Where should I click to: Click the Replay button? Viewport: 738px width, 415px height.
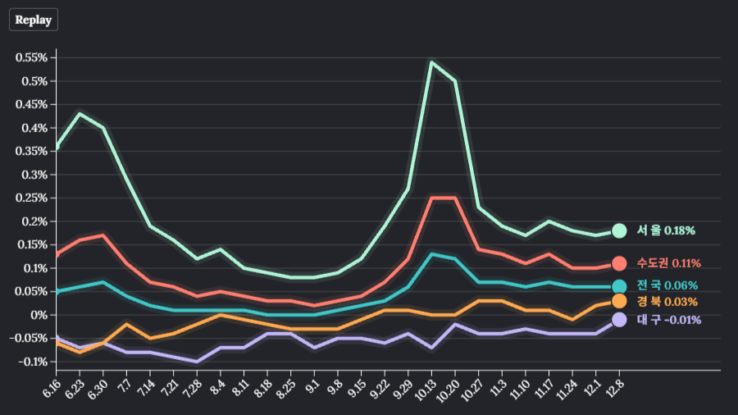[x=34, y=20]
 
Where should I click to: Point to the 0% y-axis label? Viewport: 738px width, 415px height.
[x=39, y=315]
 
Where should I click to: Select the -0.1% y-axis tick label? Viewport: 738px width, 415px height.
[x=32, y=362]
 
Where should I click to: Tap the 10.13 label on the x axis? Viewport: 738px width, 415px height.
[x=423, y=387]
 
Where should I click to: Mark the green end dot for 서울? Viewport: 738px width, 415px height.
[x=619, y=231]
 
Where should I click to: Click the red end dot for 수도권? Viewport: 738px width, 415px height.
[x=619, y=263]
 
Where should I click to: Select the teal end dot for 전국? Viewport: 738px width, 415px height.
[x=619, y=286]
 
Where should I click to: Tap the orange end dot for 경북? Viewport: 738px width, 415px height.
[x=619, y=302]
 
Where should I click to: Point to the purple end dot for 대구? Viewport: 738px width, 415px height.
[x=619, y=320]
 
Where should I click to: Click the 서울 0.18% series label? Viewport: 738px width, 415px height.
[x=666, y=231]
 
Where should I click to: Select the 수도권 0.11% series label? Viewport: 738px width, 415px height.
[x=668, y=263]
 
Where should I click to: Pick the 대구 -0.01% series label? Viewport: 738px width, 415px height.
[x=668, y=320]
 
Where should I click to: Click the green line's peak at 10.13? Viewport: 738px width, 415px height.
[x=431, y=62]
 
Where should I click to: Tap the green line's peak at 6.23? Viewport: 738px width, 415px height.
[x=79, y=114]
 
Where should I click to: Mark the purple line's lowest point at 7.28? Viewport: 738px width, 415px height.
[x=197, y=361]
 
